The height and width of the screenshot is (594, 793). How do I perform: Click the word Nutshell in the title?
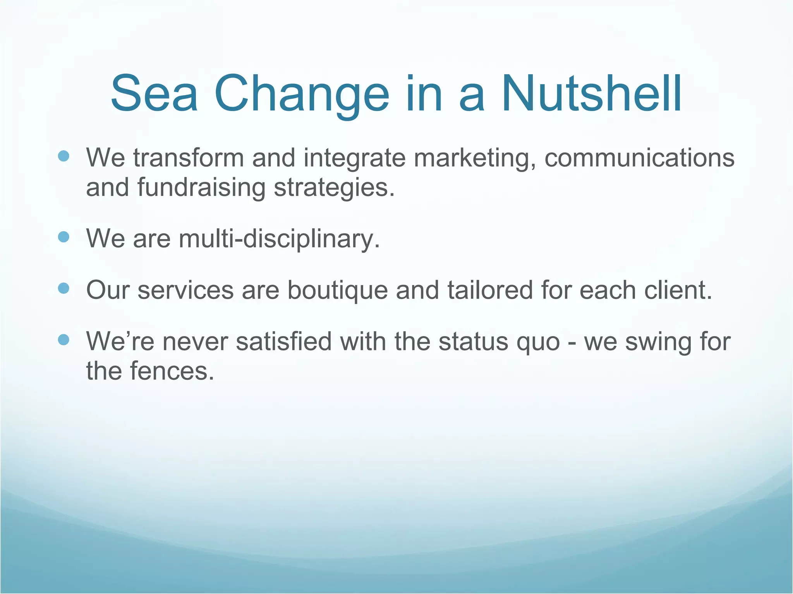click(x=591, y=94)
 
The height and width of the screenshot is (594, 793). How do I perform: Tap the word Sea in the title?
click(x=154, y=94)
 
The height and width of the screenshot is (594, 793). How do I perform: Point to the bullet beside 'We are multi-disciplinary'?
click(x=64, y=237)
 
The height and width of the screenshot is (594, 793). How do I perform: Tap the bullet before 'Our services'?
click(x=64, y=288)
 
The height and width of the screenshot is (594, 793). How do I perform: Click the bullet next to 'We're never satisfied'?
click(x=64, y=340)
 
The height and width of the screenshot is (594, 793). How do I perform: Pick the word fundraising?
click(x=201, y=188)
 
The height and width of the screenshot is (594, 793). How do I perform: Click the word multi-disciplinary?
click(x=279, y=239)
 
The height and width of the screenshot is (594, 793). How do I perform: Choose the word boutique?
click(x=338, y=291)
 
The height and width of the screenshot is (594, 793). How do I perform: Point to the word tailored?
click(x=490, y=290)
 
